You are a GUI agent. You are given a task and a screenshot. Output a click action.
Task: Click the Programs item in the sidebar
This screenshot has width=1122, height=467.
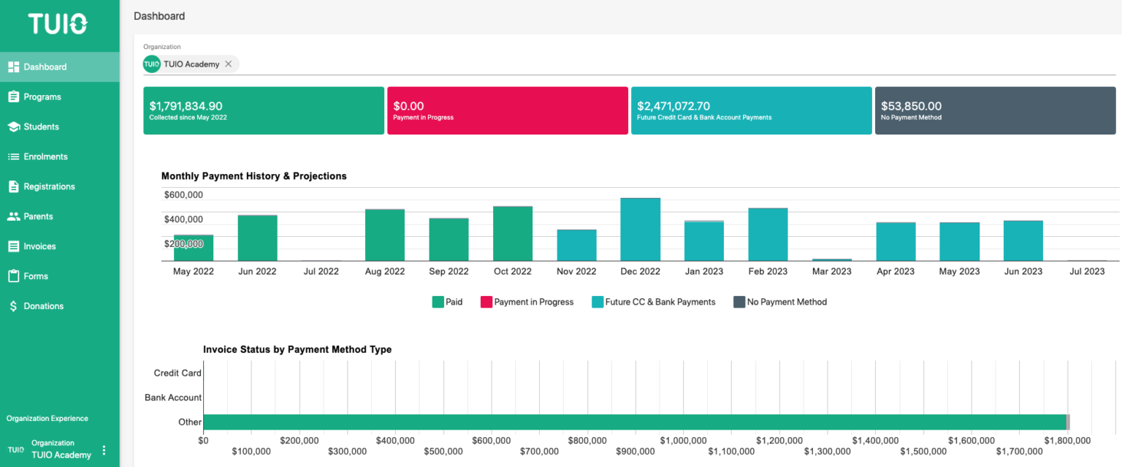pos(42,96)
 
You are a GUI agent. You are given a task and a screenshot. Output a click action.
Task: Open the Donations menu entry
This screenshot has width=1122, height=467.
pos(43,306)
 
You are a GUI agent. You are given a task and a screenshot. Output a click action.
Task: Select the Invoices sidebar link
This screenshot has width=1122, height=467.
pos(39,246)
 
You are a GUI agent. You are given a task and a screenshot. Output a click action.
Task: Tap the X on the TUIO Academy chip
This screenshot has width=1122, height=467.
pos(229,64)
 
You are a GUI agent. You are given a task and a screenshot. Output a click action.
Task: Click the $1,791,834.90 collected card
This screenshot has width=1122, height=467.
pos(263,110)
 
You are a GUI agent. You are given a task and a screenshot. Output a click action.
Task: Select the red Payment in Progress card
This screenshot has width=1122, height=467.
pos(507,110)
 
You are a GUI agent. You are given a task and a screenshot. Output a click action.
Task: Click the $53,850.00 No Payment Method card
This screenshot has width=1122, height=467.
pos(995,110)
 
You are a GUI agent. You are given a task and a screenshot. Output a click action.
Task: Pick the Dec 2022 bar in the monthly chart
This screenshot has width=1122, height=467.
pos(640,229)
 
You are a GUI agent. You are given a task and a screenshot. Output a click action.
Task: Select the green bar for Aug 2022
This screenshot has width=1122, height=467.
pos(385,235)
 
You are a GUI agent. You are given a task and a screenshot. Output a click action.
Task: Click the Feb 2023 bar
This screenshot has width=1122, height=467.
pos(768,235)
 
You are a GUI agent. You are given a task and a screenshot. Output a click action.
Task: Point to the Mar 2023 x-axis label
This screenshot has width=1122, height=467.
pos(831,271)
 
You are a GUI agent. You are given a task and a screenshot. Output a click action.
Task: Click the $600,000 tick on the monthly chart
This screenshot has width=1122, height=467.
pos(183,195)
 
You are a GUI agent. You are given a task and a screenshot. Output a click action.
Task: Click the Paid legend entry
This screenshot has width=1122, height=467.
pos(447,302)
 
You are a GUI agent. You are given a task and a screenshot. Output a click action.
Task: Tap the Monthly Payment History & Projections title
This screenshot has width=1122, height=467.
pos(253,176)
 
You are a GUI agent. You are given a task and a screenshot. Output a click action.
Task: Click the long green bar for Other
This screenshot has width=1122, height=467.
pos(634,422)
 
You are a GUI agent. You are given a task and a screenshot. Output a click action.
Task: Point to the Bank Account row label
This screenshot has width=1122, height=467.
pos(173,398)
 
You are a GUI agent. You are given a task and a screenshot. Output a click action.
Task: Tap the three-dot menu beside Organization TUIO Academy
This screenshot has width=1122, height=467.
pos(104,450)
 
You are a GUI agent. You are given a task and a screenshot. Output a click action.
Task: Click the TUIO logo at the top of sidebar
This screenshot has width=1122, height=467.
pos(58,24)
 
